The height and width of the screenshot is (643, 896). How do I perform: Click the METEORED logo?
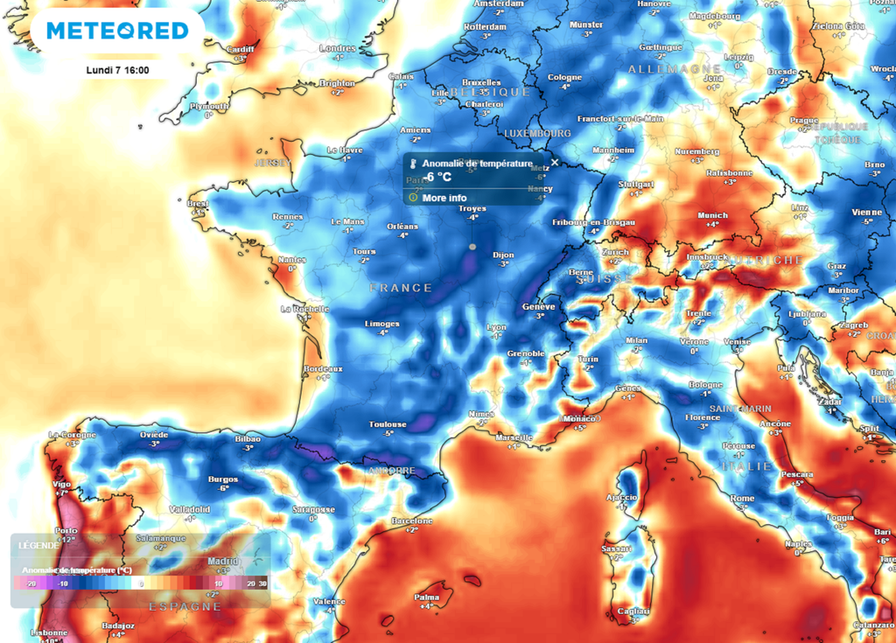[117, 31]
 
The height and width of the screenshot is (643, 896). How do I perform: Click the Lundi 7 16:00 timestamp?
[117, 70]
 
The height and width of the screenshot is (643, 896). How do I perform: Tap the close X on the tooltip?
[554, 163]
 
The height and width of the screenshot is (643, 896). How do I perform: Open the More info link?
[444, 198]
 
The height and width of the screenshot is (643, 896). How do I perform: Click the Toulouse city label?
[387, 423]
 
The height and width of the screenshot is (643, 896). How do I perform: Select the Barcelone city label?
[411, 521]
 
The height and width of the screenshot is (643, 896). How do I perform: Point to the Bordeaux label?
[322, 369]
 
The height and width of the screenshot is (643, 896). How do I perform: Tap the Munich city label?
[712, 215]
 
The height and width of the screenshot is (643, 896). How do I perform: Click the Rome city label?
[741, 499]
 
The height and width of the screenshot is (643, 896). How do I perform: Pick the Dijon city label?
[503, 255]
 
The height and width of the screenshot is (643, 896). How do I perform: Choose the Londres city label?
[337, 48]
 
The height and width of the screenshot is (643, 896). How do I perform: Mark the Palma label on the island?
[426, 598]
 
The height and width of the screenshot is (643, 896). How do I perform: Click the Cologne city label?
[564, 77]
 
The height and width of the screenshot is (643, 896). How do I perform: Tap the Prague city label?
[803, 120]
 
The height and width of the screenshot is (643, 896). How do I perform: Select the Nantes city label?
[292, 260]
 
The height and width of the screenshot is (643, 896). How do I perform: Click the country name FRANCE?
[401, 288]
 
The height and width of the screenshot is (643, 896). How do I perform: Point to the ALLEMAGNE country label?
[662, 68]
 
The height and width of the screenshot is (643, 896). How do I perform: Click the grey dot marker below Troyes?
[472, 247]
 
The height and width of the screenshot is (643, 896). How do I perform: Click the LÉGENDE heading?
[38, 545]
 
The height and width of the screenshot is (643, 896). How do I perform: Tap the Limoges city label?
[381, 323]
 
